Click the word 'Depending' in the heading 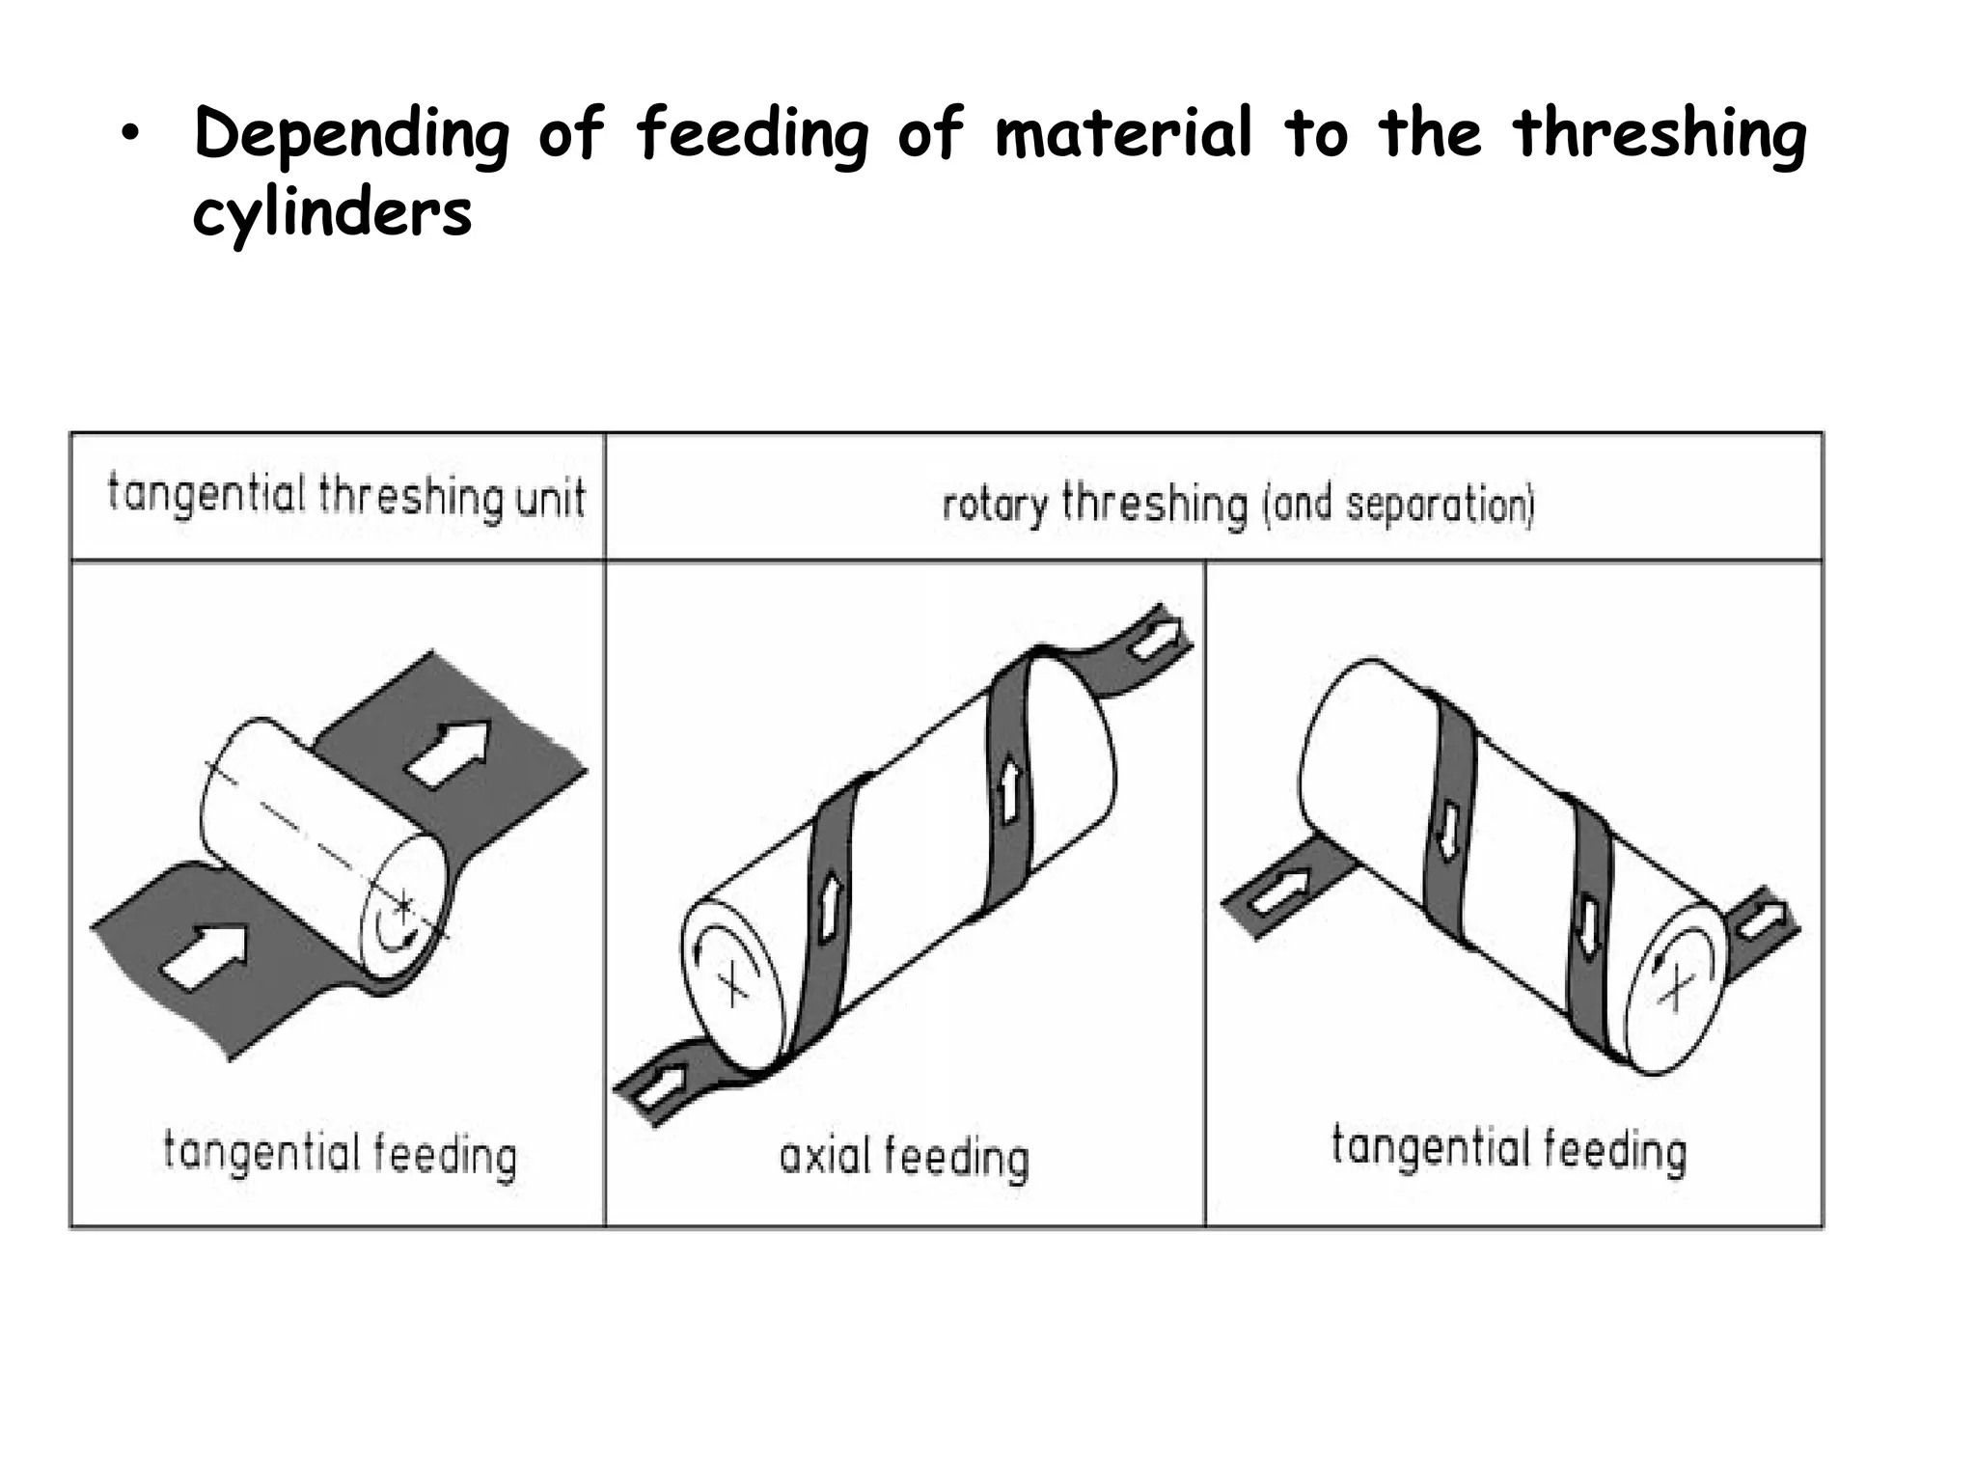(x=351, y=135)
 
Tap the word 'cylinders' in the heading (x=332, y=213)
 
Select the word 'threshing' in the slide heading (x=1659, y=135)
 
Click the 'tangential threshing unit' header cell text (x=345, y=496)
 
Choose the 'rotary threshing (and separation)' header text (x=1238, y=505)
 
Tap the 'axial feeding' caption (x=904, y=1157)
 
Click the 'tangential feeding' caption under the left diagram (x=340, y=1154)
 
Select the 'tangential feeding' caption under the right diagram (x=1509, y=1149)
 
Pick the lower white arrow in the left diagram (x=204, y=955)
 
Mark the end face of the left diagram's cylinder (x=402, y=907)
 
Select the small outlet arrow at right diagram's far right (x=1762, y=921)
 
